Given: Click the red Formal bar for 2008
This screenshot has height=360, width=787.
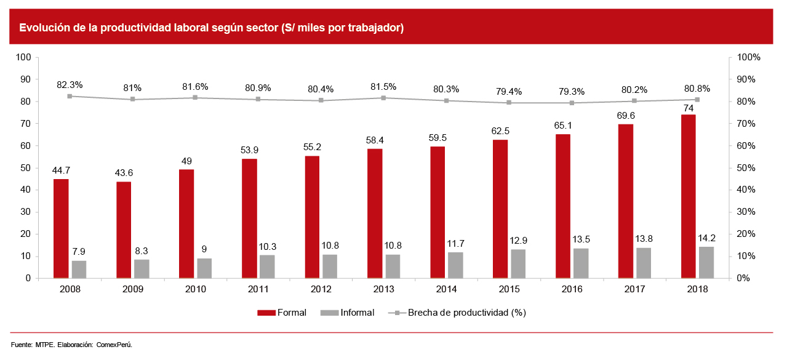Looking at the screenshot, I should [61, 228].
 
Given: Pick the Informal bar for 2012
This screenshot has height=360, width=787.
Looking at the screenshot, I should [329, 266].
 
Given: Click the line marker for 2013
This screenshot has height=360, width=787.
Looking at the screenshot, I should [383, 98].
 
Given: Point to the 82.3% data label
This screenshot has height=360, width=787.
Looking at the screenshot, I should [70, 84].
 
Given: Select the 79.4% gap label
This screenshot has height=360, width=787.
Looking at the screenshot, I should [508, 91].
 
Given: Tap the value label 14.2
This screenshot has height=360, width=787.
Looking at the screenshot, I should [706, 238].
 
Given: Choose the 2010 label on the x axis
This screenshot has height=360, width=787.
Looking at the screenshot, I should [195, 289].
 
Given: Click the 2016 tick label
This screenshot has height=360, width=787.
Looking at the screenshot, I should [572, 289].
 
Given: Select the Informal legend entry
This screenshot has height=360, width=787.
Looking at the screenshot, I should [348, 313].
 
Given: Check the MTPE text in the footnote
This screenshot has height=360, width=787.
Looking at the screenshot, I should [45, 345].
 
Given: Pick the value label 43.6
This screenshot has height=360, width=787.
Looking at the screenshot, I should [124, 172].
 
